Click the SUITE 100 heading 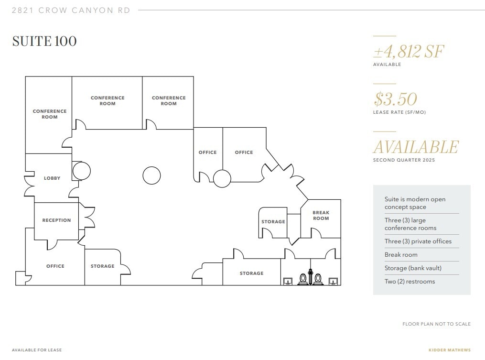click(x=44, y=41)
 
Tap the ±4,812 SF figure click(x=409, y=51)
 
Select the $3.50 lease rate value click(x=396, y=99)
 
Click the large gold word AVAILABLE click(x=416, y=147)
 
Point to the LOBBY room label click(x=52, y=178)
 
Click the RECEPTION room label click(x=56, y=220)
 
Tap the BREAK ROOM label click(x=321, y=216)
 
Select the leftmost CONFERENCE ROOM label click(x=50, y=114)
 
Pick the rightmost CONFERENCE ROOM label click(x=169, y=101)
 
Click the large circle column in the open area click(x=152, y=175)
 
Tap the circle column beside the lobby click(x=81, y=170)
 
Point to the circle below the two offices click(x=222, y=179)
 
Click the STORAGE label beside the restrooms click(x=251, y=273)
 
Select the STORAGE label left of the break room click(x=273, y=222)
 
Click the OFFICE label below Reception click(x=55, y=266)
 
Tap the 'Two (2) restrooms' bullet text click(x=410, y=282)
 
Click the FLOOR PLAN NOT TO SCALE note click(x=436, y=324)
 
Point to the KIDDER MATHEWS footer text click(x=449, y=350)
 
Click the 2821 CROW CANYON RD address click(x=71, y=11)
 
